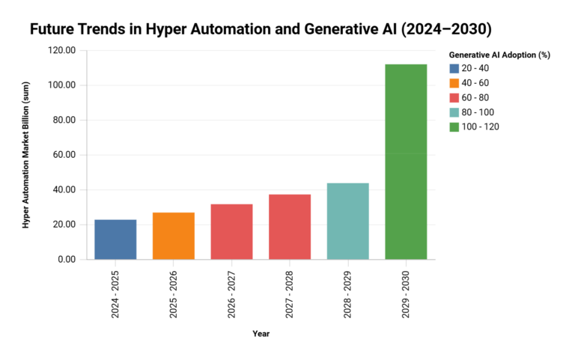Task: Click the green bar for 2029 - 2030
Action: (x=406, y=162)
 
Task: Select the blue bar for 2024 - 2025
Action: (x=115, y=240)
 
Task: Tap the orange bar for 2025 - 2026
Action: (x=174, y=236)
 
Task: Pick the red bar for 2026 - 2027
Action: (x=231, y=231)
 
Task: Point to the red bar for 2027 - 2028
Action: (x=290, y=227)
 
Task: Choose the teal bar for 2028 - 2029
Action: (x=347, y=221)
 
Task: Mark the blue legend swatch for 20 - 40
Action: (x=455, y=68)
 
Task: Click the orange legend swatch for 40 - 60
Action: (x=455, y=83)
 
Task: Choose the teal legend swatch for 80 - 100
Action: (x=455, y=112)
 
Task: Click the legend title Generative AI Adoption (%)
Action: (x=499, y=55)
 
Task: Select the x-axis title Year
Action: (x=261, y=334)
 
